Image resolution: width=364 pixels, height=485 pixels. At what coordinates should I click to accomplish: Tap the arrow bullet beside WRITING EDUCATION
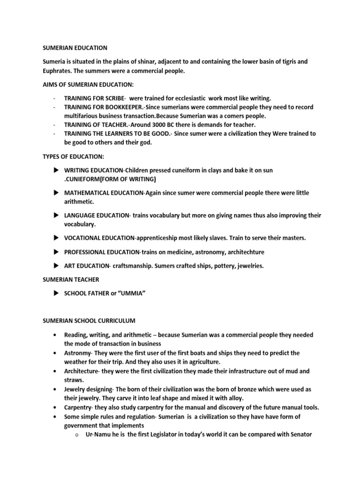(x=55, y=170)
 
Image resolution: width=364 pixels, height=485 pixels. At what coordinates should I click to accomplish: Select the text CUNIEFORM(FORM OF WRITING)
(x=110, y=179)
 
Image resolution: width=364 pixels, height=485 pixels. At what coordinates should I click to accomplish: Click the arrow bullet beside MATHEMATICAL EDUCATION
(x=55, y=192)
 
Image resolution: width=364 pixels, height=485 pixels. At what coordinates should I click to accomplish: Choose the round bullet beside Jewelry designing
(x=56, y=389)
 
